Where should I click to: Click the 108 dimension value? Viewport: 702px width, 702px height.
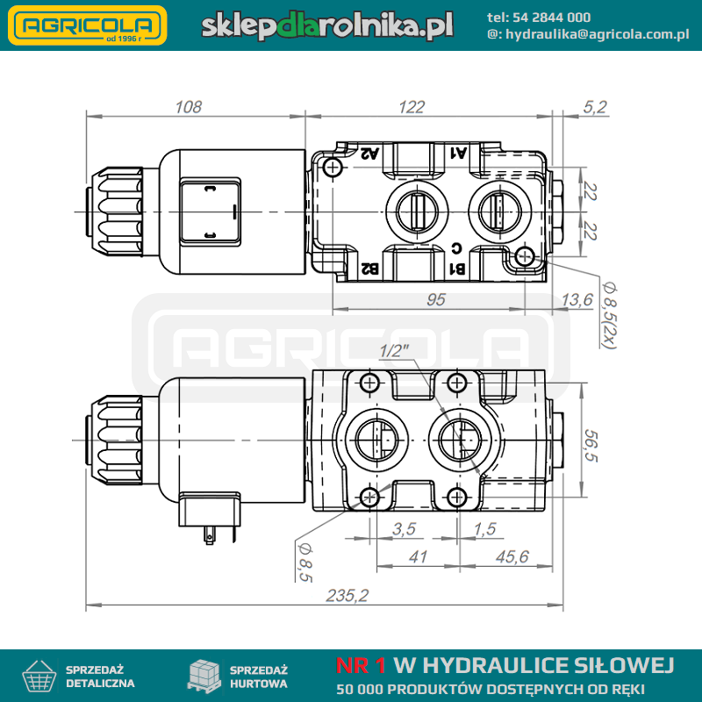tap(188, 107)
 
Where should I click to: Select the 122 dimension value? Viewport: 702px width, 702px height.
tap(411, 107)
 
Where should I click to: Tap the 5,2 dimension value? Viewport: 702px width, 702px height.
tap(595, 107)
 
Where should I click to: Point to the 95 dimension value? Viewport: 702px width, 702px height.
tap(435, 299)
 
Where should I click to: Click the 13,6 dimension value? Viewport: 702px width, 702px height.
tap(577, 299)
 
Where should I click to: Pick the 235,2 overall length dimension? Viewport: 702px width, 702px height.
tap(347, 596)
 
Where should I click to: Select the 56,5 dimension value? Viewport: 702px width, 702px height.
tap(591, 445)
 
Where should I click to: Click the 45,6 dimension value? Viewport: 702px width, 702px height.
tap(512, 556)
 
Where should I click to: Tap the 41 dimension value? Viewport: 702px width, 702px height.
tap(418, 556)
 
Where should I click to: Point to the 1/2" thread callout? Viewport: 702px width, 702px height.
tap(394, 351)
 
